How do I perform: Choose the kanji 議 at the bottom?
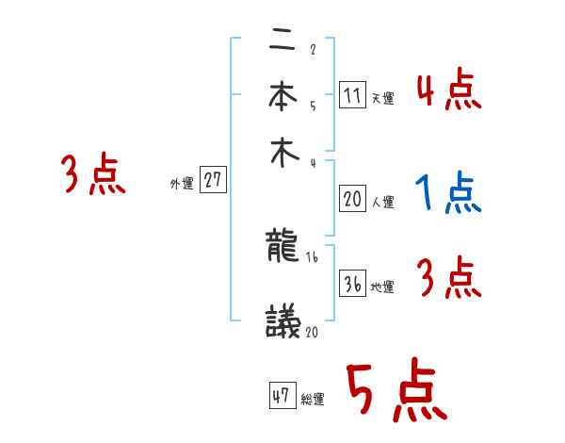pos(283,323)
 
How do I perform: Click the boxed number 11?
pos(351,94)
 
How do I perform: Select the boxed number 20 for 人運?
pos(351,198)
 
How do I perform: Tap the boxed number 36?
pos(351,284)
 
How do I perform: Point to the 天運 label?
pos(382,98)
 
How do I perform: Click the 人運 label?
pos(382,202)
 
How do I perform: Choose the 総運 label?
pos(313,400)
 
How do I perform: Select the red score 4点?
pos(448,91)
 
